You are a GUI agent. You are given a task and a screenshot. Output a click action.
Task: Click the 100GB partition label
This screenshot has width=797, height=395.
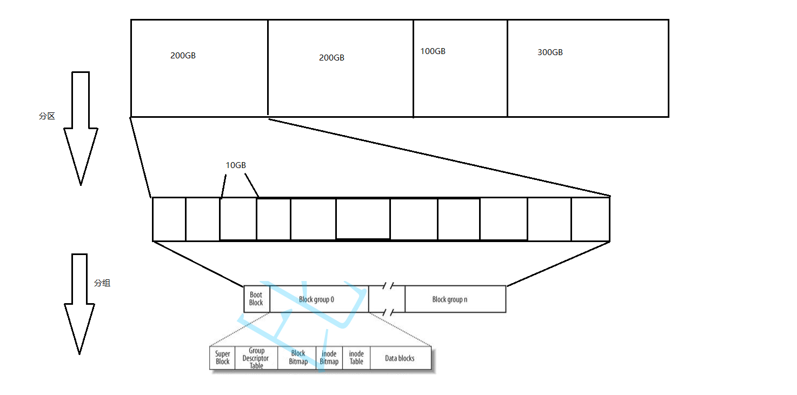(x=433, y=51)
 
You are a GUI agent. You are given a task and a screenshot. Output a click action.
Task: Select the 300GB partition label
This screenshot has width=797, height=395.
(x=550, y=52)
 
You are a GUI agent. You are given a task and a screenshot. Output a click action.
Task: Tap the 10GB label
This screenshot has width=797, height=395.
(x=236, y=165)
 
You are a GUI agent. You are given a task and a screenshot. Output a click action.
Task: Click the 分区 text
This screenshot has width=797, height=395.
(x=47, y=116)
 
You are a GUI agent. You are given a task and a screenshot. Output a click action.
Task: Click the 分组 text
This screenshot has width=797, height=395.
(x=102, y=283)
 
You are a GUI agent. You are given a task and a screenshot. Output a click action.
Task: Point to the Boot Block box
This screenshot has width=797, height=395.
(x=256, y=299)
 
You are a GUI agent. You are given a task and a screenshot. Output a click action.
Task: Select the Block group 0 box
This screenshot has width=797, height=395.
(x=317, y=299)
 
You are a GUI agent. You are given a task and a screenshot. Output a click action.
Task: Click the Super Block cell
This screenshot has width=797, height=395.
(x=222, y=358)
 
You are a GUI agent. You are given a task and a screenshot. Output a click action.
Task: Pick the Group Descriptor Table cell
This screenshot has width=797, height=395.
(x=256, y=358)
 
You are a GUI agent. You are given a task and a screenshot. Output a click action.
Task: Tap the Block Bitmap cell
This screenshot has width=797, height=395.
(x=298, y=358)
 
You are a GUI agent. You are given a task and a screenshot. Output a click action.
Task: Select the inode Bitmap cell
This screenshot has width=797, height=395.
(x=329, y=358)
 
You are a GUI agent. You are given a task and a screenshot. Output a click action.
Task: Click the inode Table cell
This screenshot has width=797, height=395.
(x=356, y=358)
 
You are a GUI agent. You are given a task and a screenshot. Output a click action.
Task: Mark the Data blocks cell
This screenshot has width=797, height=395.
(x=400, y=358)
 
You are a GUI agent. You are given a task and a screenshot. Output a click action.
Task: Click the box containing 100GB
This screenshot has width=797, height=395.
(x=460, y=81)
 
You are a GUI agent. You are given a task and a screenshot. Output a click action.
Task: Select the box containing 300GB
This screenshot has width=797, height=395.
(x=588, y=81)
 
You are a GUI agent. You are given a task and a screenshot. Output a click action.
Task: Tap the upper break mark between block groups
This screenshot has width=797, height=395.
(x=387, y=285)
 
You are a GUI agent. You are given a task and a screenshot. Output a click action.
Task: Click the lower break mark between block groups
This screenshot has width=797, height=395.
(x=387, y=312)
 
